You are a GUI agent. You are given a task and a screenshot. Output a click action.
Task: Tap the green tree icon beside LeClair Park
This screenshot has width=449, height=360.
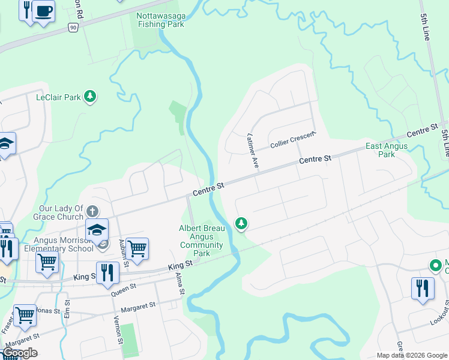pyautogui.click(x=89, y=97)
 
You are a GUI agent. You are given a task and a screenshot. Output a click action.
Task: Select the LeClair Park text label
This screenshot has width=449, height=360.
pyautogui.click(x=58, y=97)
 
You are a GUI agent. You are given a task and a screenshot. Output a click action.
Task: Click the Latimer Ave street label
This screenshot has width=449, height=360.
pyautogui.click(x=253, y=150)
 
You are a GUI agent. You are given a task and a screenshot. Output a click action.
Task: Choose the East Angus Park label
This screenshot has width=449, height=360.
pyautogui.click(x=387, y=150)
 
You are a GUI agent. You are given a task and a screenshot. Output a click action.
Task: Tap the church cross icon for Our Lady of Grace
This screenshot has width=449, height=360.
pyautogui.click(x=92, y=211)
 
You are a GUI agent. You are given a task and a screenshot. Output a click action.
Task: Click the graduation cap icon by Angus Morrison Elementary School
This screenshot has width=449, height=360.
pyautogui.click(x=97, y=228)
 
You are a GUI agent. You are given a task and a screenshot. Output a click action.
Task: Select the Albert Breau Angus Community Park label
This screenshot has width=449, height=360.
pyautogui.click(x=202, y=241)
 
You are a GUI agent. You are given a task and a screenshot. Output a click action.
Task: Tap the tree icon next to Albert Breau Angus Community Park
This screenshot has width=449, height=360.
pyautogui.click(x=241, y=224)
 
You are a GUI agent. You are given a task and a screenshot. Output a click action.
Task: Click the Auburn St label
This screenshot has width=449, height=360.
pyautogui.click(x=122, y=247)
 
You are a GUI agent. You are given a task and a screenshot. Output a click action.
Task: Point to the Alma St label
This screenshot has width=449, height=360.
pyautogui.click(x=179, y=282)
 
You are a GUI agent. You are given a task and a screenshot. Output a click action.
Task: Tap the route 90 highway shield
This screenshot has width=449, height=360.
pyautogui.click(x=73, y=27)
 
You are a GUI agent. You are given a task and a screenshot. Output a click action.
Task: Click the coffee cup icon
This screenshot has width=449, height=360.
pyautogui.click(x=43, y=11)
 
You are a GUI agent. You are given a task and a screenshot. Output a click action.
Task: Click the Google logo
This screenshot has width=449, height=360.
pyautogui.click(x=20, y=353)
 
